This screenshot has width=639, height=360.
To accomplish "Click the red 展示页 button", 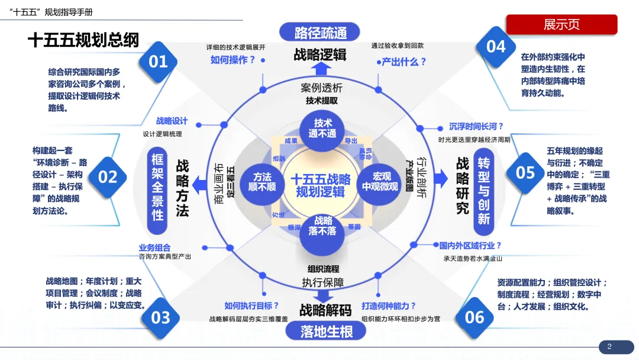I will click(x=561, y=25).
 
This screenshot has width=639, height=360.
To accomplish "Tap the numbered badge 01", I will click(x=158, y=61).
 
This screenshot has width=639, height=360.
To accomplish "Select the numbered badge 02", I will click(x=108, y=176).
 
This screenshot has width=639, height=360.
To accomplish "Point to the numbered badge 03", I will click(x=160, y=318).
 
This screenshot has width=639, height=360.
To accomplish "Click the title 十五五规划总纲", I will click(x=83, y=40).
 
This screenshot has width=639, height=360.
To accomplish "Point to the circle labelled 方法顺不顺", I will click(x=264, y=182).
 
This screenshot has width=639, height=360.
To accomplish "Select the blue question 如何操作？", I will click(x=233, y=60).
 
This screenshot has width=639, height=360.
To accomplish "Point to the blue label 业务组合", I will click(x=155, y=247).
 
